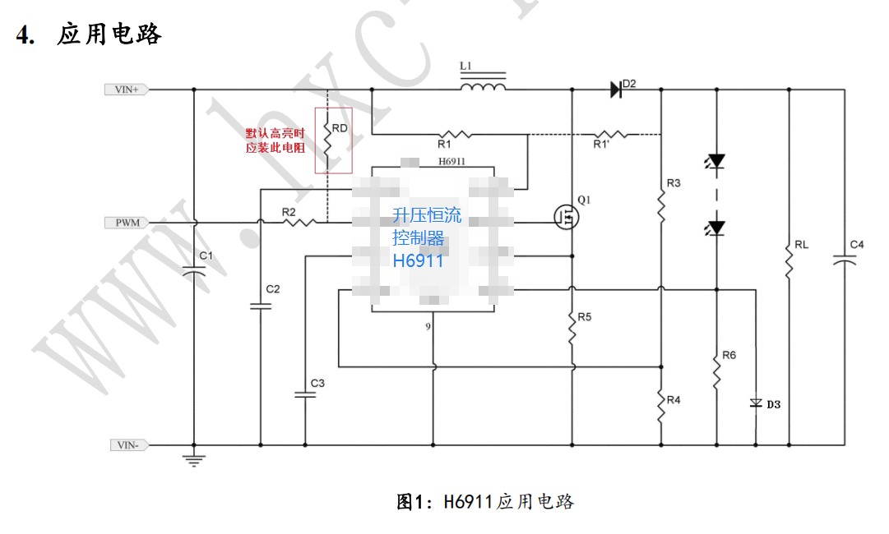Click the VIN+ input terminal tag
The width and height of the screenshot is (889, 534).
[126, 89]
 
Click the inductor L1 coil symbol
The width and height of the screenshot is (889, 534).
[483, 85]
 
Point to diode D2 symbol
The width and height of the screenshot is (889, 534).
[616, 89]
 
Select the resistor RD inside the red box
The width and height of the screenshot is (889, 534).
[327, 140]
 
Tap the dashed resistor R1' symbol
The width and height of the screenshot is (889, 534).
[612, 133]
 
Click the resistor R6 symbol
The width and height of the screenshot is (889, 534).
[717, 371]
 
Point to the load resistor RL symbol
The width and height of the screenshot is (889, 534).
[789, 261]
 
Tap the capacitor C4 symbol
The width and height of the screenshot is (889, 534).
[845, 260]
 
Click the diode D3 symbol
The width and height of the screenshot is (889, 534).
[756, 403]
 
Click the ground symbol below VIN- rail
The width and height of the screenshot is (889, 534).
[194, 460]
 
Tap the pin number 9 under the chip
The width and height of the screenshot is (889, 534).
[428, 326]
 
